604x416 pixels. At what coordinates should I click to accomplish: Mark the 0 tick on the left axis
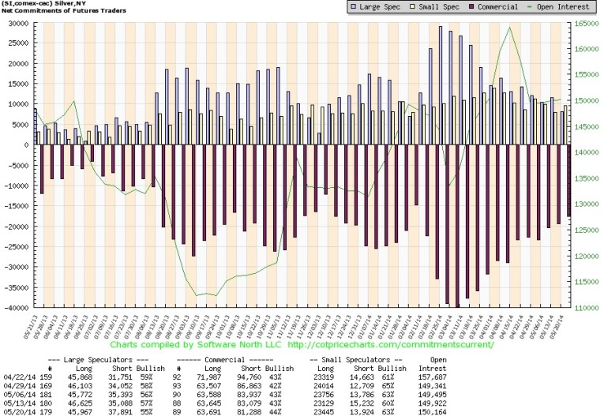coord(25,144)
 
